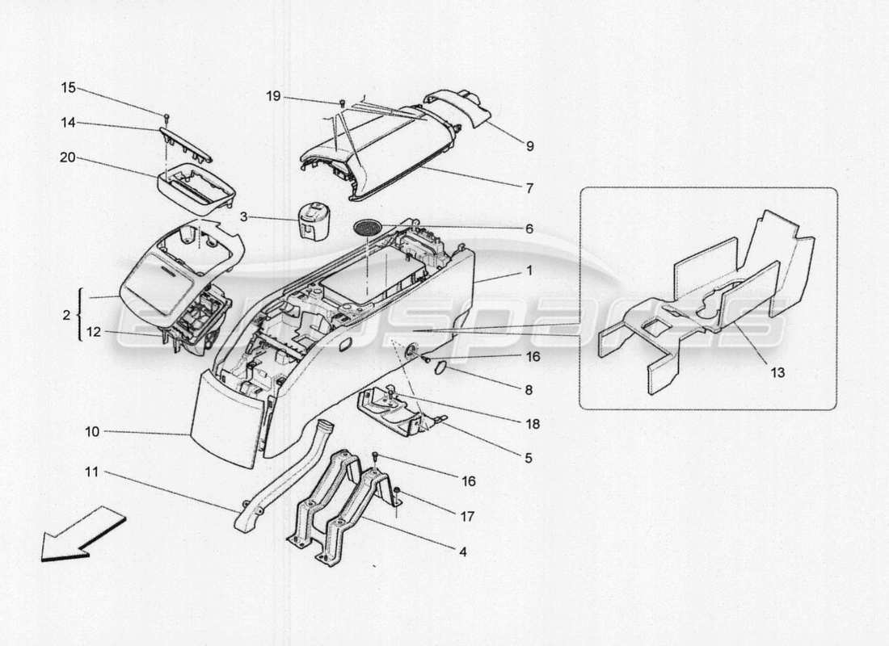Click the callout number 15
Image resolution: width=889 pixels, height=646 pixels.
point(69,87)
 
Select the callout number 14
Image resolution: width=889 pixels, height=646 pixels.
point(69,123)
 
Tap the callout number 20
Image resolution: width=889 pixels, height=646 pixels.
point(69,158)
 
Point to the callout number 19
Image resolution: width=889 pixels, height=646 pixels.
point(273,97)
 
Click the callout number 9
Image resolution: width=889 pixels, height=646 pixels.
point(529,146)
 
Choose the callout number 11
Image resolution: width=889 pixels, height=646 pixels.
point(91,472)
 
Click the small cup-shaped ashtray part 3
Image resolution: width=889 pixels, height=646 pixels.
point(311,220)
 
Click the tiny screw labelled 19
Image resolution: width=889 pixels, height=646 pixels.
point(342,103)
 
